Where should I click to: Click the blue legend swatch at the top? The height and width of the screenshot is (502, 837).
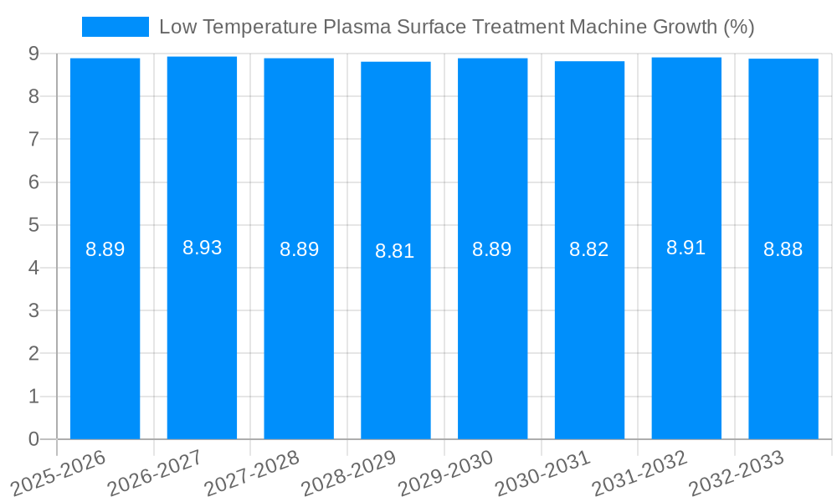coord(115,27)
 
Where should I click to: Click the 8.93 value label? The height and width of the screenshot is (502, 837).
coord(203,248)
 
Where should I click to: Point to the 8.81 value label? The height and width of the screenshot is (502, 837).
coord(395,251)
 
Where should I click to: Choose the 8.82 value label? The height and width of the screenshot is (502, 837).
coord(589,249)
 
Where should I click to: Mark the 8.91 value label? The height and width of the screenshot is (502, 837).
coord(686,248)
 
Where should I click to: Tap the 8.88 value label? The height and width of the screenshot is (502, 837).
coord(783,249)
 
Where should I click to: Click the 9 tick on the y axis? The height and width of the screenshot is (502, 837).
coord(33,54)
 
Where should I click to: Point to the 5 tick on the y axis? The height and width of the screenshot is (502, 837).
coord(33,225)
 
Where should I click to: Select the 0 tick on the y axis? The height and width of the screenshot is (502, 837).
coord(33,439)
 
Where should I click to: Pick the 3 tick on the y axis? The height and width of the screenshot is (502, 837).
coord(33,311)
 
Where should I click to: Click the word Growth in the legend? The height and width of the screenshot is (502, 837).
coord(686,27)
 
